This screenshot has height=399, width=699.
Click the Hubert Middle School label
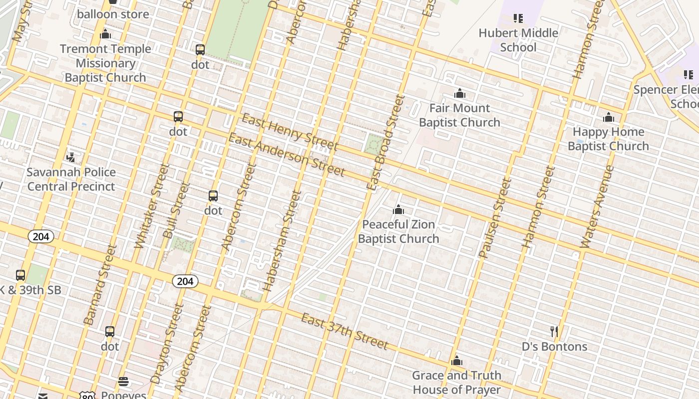(x=518, y=40)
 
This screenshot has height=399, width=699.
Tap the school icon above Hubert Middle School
(x=518, y=18)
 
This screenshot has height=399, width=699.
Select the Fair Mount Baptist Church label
(x=459, y=115)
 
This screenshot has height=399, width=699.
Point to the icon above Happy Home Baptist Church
(x=608, y=117)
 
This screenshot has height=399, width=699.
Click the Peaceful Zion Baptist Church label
(x=398, y=231)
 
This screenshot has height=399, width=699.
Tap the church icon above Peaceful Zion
(x=398, y=209)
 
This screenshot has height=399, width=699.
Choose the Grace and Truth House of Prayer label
(x=456, y=383)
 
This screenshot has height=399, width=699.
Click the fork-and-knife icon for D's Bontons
(x=554, y=332)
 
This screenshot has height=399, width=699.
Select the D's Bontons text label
(x=554, y=347)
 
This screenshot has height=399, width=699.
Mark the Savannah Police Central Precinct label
(x=71, y=179)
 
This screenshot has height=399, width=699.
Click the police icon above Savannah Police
(x=71, y=158)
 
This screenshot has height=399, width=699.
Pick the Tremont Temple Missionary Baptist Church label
(x=105, y=63)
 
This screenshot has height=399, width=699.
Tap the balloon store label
(x=113, y=14)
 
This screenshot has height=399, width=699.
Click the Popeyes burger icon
(x=123, y=382)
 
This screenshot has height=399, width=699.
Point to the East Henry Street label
(x=290, y=132)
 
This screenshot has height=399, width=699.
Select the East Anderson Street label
(x=287, y=155)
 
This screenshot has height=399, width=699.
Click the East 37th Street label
(x=345, y=332)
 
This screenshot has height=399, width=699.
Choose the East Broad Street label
(x=385, y=142)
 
